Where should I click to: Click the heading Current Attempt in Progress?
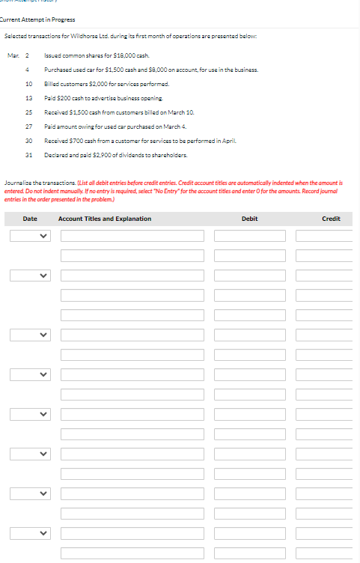click(37, 19)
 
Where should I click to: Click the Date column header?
click(30, 219)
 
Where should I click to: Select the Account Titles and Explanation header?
click(105, 219)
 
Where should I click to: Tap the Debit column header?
click(250, 219)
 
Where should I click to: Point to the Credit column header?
click(331, 219)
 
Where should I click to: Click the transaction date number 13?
click(28, 98)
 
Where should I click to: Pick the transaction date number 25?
click(28, 112)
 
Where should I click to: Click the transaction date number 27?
click(28, 127)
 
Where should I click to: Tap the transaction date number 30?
click(28, 141)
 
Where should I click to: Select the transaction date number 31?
click(28, 155)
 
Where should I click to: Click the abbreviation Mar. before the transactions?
click(13, 56)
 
